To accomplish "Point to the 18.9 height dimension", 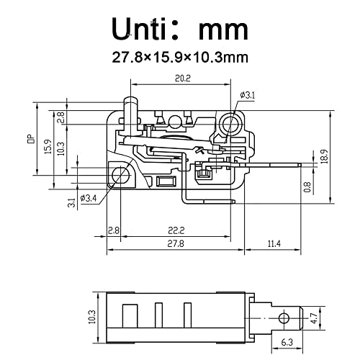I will pyautogui.click(x=325, y=154).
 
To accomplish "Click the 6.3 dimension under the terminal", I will pyautogui.click(x=287, y=343).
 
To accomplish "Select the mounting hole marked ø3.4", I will pyautogui.click(x=119, y=174).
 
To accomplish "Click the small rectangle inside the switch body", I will pyautogui.click(x=166, y=181).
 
